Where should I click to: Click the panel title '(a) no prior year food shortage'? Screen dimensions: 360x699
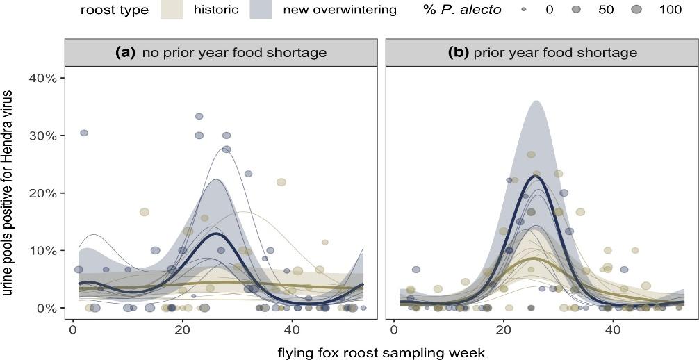[221, 52]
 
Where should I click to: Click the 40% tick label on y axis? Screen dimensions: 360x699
[42, 78]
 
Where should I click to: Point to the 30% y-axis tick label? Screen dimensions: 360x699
[42, 136]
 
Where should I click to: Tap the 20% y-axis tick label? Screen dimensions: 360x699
[42, 193]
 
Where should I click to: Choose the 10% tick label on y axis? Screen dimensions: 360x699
[42, 250]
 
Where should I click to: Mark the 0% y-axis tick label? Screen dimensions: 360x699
[47, 308]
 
